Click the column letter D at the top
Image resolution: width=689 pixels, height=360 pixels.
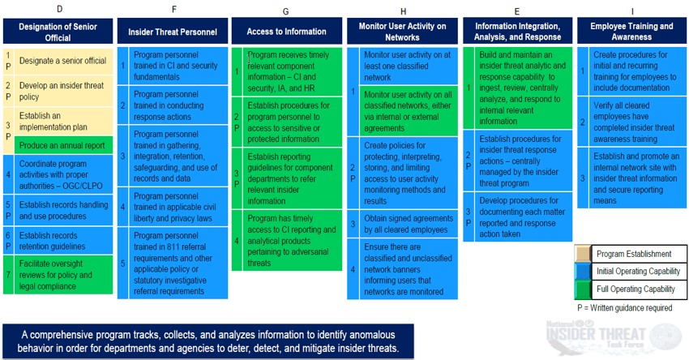coord(60,8)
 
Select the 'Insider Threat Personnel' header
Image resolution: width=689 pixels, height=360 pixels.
coord(173,32)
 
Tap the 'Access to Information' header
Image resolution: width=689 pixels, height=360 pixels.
coord(286,31)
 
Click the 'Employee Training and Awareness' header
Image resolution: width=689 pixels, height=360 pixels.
coord(631,31)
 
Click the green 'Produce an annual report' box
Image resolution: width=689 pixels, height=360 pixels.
coord(63,145)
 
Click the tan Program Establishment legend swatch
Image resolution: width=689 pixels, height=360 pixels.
coord(583,254)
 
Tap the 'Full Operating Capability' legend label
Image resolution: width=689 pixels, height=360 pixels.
coord(636,289)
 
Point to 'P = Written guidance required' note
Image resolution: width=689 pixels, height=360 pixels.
coord(625,307)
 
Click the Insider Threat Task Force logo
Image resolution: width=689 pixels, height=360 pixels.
coord(614,337)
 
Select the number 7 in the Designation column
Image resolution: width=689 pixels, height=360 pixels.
coord(8,275)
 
